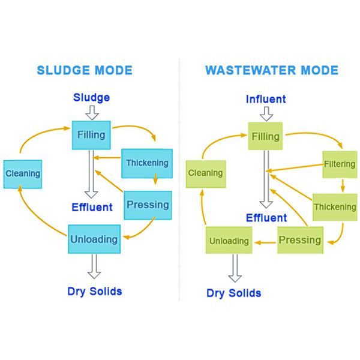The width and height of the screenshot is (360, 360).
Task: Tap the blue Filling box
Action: pyautogui.click(x=91, y=136)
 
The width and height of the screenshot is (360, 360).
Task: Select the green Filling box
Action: pyautogui.click(x=265, y=137)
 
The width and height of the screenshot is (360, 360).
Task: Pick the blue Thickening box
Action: pyautogui.click(x=147, y=163)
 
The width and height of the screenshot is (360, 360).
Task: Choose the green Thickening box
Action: pyautogui.click(x=335, y=208)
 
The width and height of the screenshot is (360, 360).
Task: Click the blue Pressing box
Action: pyautogui.click(x=148, y=205)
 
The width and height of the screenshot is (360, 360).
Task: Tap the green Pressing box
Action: pyautogui.click(x=300, y=240)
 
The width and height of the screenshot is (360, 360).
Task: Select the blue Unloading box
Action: pyautogui.click(x=94, y=239)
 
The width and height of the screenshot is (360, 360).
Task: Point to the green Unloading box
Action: pyautogui.click(x=229, y=241)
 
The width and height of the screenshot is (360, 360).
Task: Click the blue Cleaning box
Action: pyautogui.click(x=22, y=174)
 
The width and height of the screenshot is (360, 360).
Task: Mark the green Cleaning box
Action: pyautogui.click(x=205, y=173)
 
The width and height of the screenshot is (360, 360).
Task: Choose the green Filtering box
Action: pyautogui.click(x=340, y=164)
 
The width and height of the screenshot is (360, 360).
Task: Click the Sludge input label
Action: pyautogui.click(x=91, y=97)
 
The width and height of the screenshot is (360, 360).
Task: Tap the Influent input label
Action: pyautogui.click(x=266, y=99)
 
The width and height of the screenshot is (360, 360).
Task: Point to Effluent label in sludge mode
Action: pyautogui.click(x=92, y=208)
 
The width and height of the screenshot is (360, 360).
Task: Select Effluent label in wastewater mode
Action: pyautogui.click(x=266, y=217)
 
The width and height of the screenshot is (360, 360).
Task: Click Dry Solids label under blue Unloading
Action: pyautogui.click(x=94, y=291)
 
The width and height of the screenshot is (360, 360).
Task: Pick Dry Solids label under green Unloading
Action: pyautogui.click(x=233, y=293)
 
